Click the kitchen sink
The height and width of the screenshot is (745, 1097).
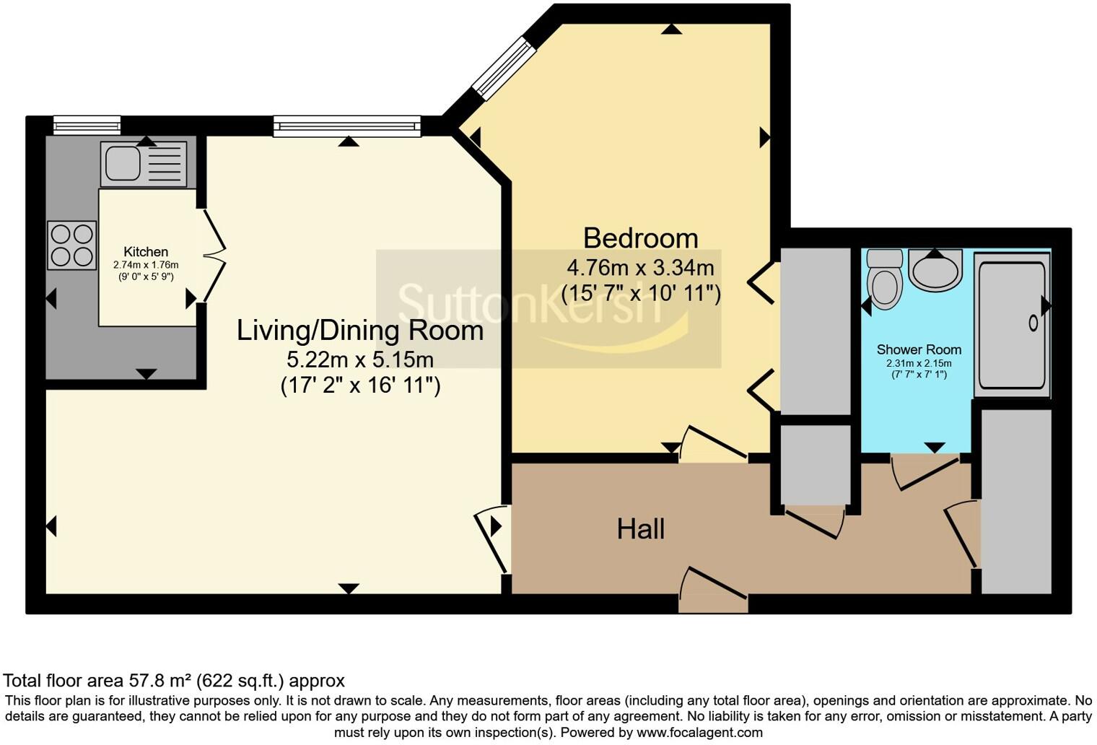pyautogui.click(x=123, y=163)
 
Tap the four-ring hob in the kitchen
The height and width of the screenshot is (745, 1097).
pyautogui.click(x=72, y=245)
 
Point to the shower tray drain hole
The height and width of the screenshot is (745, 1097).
pyautogui.click(x=1033, y=323)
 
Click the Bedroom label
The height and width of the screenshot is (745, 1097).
pyautogui.click(x=640, y=238)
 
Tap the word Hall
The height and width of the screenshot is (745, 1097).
pyautogui.click(x=640, y=529)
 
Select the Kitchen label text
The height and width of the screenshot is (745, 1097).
pyautogui.click(x=146, y=252)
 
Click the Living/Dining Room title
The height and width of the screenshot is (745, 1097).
pyautogui.click(x=360, y=331)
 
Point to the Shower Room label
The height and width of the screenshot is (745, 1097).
pyautogui.click(x=919, y=349)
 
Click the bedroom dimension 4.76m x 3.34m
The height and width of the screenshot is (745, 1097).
pyautogui.click(x=640, y=269)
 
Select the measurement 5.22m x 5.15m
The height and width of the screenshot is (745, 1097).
pyautogui.click(x=360, y=359)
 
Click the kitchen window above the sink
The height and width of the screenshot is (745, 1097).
pyautogui.click(x=87, y=126)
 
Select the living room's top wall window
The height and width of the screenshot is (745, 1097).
pyautogui.click(x=346, y=127)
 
